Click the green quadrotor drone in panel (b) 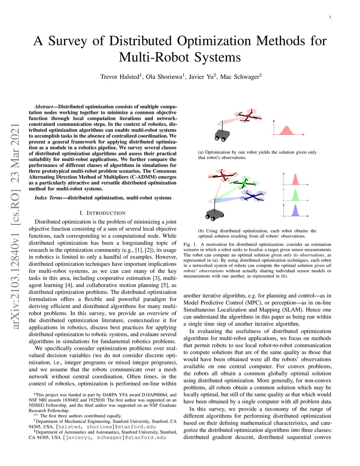(245, 183)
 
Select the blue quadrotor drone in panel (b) (252, 196)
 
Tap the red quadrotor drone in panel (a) (248, 116)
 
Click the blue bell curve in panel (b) (295, 211)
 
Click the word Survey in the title (67, 41)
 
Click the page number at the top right (330, 17)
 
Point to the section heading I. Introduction (103, 213)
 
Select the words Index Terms (48, 198)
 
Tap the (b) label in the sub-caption (201, 231)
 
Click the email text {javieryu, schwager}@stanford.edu (114, 438)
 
